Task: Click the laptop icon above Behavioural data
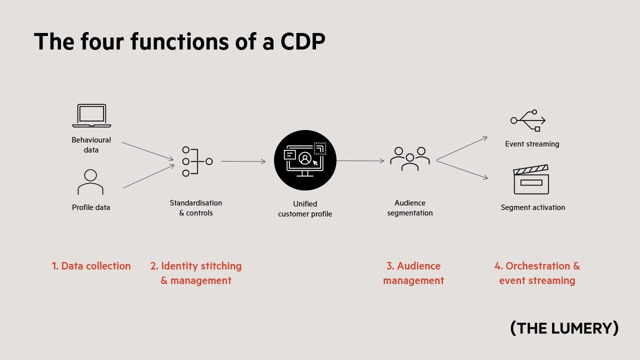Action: pos(91,115)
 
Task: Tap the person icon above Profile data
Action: pos(90,182)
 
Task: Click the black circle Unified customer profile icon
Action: pos(305,160)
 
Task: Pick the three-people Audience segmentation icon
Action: pos(410,158)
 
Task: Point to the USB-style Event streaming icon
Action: pos(528,120)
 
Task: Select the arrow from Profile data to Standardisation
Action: pos(148,176)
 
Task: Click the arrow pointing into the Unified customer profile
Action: pos(243,161)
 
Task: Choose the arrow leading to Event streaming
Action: pos(461,148)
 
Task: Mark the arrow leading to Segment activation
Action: pos(462,169)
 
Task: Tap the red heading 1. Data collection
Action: pos(91,266)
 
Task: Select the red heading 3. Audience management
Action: pos(413,273)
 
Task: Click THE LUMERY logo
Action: pos(564,328)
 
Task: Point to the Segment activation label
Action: pos(533,207)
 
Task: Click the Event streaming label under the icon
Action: pos(532,144)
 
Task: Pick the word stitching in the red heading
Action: pos(221,266)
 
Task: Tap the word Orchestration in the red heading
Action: pos(530,266)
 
